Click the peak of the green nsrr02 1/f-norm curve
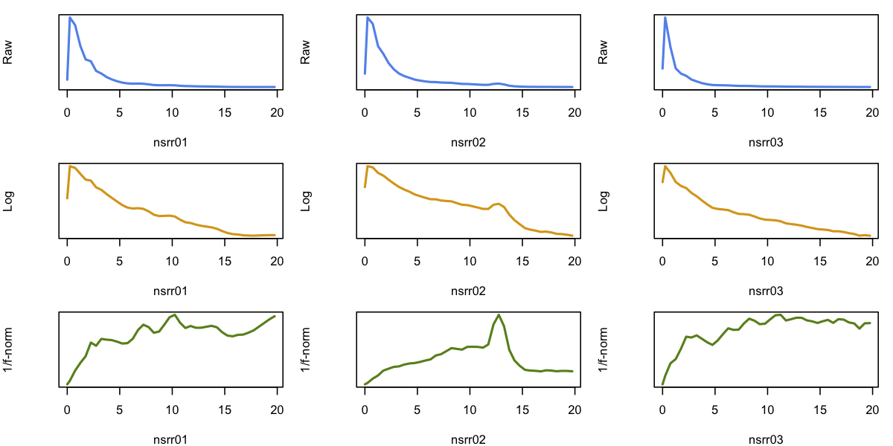(x=499, y=314)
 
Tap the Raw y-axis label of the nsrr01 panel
(x=9, y=52)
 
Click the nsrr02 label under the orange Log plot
(x=468, y=291)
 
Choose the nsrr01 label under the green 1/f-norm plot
(x=170, y=439)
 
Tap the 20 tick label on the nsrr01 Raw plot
(x=277, y=113)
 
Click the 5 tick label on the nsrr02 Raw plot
(x=417, y=113)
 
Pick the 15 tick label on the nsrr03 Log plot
(x=820, y=262)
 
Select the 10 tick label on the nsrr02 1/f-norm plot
(x=470, y=410)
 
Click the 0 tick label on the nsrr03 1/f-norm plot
(x=662, y=410)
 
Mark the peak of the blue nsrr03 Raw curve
(x=665, y=17)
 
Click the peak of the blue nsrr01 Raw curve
(x=70, y=17)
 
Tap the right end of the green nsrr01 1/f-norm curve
(x=275, y=316)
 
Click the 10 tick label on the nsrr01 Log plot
(x=172, y=262)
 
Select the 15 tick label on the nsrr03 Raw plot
(x=820, y=113)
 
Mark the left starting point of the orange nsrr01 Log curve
(x=67, y=198)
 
